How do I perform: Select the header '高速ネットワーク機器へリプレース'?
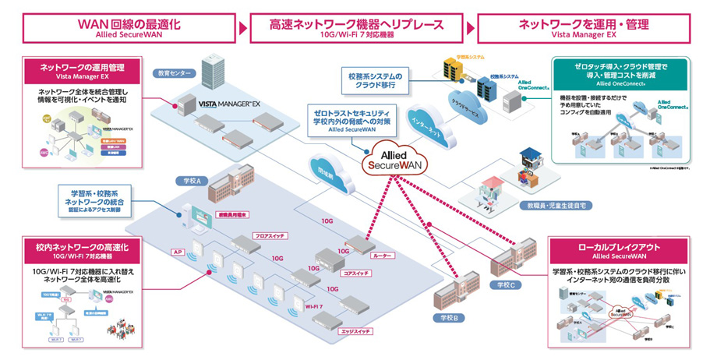[359, 24]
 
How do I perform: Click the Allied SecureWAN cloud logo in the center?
[395, 158]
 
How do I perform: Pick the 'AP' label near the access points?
[177, 252]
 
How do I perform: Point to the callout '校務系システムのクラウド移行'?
[374, 79]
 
